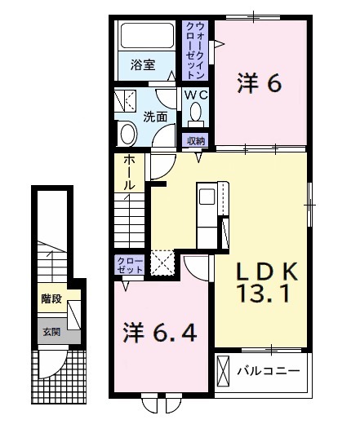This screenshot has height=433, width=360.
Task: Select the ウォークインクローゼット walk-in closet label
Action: (x=196, y=49)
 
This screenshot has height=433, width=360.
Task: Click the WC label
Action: (x=196, y=95)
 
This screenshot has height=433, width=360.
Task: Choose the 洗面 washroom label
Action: (x=156, y=117)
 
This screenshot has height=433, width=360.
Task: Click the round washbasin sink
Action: (x=127, y=134)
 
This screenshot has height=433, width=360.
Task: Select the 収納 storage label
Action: (x=196, y=140)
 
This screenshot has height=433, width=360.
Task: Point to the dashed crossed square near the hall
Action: (x=162, y=262)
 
